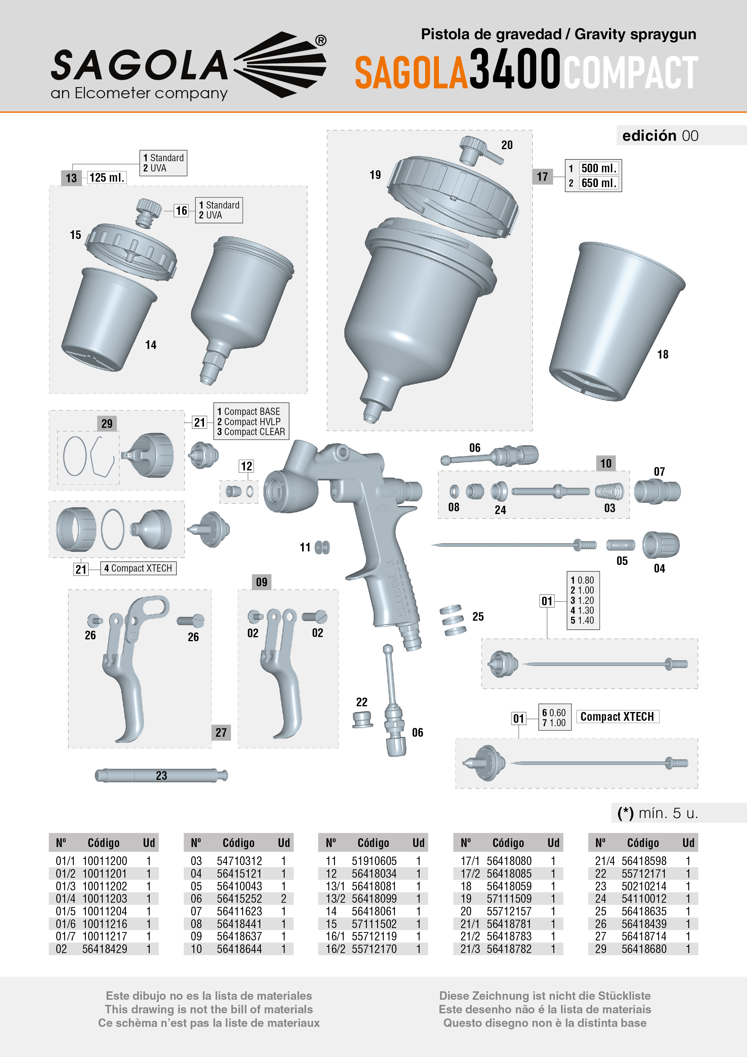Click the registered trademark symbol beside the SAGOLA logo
(321, 40)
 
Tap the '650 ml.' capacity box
(598, 183)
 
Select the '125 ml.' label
(107, 178)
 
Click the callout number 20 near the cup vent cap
(507, 145)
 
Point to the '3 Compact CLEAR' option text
(251, 432)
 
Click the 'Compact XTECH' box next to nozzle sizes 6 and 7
(617, 717)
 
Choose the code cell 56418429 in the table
(105, 949)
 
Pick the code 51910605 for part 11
(374, 861)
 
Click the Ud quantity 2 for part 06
(283, 899)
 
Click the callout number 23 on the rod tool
(161, 776)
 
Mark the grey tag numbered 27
(221, 732)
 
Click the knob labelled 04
(661, 545)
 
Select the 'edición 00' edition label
(660, 136)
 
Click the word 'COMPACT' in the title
(631, 72)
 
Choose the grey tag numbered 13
(71, 178)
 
